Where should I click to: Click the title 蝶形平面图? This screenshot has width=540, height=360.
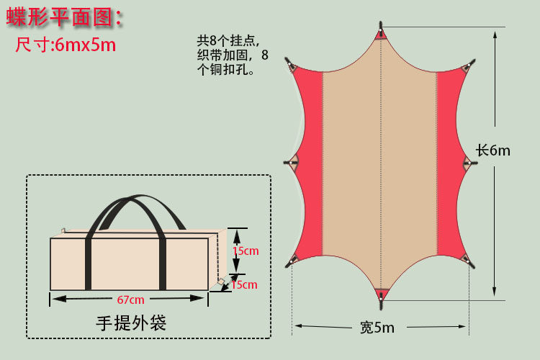(64, 17)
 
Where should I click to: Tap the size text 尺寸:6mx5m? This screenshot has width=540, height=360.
(66, 45)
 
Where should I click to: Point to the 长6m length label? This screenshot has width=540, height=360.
(492, 150)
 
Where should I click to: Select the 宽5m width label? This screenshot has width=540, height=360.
(377, 328)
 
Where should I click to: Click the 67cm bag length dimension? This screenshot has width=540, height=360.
(130, 300)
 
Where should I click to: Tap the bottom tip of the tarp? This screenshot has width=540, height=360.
(380, 294)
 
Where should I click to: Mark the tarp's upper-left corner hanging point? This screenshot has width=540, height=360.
(292, 67)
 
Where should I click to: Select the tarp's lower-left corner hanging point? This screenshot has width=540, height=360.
(294, 258)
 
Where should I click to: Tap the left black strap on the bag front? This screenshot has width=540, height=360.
(89, 262)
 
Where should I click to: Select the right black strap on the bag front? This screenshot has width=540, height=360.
(163, 262)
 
